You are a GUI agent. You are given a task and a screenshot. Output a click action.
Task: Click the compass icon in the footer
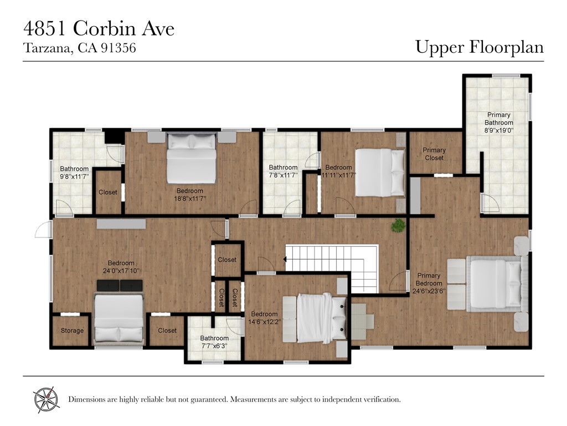[x=46, y=398]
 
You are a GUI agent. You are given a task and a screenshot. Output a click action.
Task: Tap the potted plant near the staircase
[x=398, y=225]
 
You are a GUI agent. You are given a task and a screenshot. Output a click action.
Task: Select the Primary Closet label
[x=434, y=154]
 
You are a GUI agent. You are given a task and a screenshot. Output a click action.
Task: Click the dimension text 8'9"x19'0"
[x=499, y=130]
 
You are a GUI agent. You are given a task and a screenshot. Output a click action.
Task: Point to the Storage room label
[x=72, y=331]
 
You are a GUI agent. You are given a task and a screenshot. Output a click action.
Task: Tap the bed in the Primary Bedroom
[x=496, y=283]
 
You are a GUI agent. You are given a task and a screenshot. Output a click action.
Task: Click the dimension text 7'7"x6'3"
[x=214, y=346]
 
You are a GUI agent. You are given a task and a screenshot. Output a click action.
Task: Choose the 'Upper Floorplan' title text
[x=480, y=48]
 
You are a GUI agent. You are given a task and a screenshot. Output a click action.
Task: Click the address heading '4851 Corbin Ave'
[x=99, y=28]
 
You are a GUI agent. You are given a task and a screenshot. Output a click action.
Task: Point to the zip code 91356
[x=118, y=48]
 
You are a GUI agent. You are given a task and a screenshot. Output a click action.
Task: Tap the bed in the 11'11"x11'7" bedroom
[x=379, y=172]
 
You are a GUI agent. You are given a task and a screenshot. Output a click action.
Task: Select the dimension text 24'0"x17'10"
[x=121, y=271]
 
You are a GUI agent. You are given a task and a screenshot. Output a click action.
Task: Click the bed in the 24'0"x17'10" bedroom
[x=119, y=318]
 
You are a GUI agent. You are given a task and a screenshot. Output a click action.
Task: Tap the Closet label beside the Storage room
[x=167, y=331]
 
